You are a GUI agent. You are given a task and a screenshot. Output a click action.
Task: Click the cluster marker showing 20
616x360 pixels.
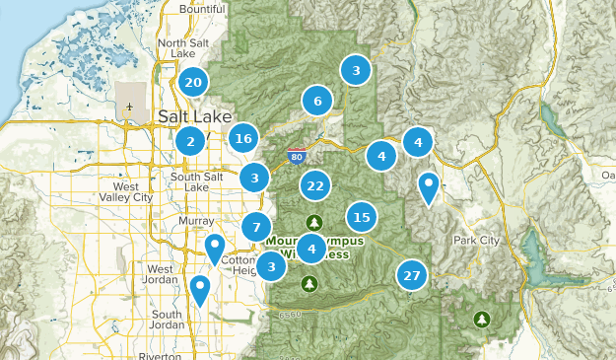point(193,83)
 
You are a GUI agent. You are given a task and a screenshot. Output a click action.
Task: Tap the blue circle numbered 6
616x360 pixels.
point(317,101)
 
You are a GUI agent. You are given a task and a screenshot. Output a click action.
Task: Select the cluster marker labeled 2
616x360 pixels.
point(190,142)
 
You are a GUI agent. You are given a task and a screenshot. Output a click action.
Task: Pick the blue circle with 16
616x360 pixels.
point(244,139)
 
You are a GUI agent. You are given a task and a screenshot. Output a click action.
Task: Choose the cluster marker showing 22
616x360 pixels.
point(315,185)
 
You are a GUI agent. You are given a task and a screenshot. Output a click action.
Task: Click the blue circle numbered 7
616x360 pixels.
point(256,228)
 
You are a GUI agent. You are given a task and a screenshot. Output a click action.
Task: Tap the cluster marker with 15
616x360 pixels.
point(362,217)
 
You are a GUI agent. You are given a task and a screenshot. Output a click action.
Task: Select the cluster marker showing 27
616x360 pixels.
point(412,276)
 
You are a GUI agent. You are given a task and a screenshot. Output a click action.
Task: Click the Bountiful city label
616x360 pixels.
point(202,9)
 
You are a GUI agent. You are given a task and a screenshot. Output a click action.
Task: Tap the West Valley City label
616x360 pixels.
point(133,191)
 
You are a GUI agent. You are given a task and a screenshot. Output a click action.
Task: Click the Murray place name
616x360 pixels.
point(197,221)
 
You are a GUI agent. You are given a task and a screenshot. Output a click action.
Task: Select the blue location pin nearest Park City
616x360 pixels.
point(429,185)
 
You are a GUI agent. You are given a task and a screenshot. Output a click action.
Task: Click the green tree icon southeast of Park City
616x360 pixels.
point(482,319)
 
